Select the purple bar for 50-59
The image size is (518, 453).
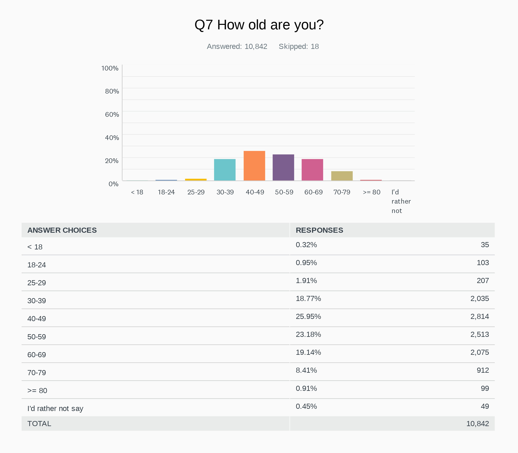tap(283, 167)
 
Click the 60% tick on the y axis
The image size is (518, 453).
tap(112, 115)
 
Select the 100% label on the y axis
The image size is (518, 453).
tap(110, 68)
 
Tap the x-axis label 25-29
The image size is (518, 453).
tap(196, 192)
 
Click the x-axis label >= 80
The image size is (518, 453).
tap(372, 192)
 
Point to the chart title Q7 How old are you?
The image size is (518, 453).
tap(259, 25)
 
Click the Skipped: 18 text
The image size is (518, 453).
tap(299, 46)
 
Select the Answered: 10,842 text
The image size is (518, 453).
tap(237, 46)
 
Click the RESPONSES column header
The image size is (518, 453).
tap(319, 230)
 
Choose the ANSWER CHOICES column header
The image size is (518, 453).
tap(62, 230)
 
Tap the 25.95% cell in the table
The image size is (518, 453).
tap(308, 316)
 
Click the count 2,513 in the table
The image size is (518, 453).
tap(479, 334)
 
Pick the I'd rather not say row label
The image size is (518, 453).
tap(55, 409)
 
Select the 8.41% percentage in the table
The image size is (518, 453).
tap(306, 370)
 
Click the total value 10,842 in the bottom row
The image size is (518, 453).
tap(478, 424)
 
